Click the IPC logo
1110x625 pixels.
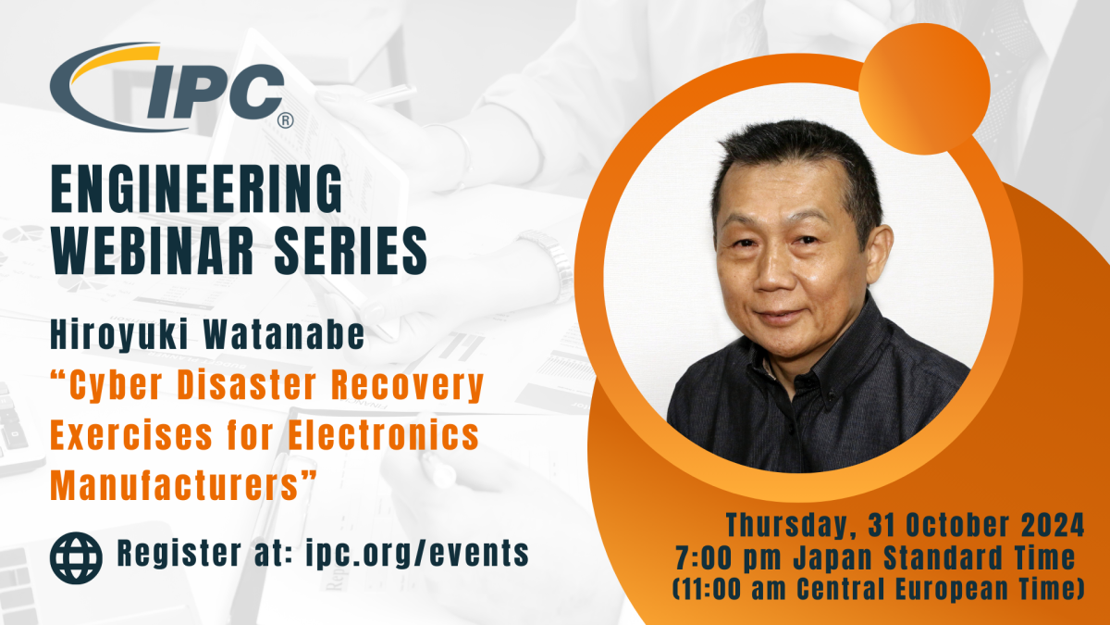pyautogui.click(x=171, y=87)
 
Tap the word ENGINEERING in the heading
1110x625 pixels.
pyautogui.click(x=197, y=190)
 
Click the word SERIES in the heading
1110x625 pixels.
pyautogui.click(x=351, y=251)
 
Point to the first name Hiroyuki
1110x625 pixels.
pyautogui.click(x=119, y=335)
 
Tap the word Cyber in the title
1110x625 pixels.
pyautogui.click(x=116, y=385)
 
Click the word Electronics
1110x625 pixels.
pyautogui.click(x=383, y=435)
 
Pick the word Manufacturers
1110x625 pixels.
pyautogui.click(x=175, y=485)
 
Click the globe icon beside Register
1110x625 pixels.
pyautogui.click(x=76, y=557)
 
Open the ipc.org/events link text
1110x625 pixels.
pyautogui.click(x=417, y=554)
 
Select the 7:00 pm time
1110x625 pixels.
pyautogui.click(x=729, y=559)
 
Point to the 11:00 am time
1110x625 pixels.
pyautogui.click(x=730, y=589)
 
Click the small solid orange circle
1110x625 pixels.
pyautogui.click(x=924, y=89)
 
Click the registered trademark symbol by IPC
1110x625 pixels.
pyautogui.click(x=286, y=120)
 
